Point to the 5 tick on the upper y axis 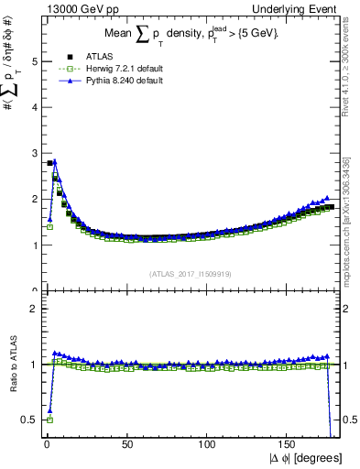click(x=35, y=61)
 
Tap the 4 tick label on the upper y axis click(x=35, y=107)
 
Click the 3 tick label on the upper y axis click(x=35, y=153)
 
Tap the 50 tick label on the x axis click(x=125, y=444)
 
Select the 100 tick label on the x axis click(x=208, y=444)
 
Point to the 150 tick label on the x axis click(x=290, y=444)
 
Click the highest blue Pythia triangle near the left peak click(x=55, y=161)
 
